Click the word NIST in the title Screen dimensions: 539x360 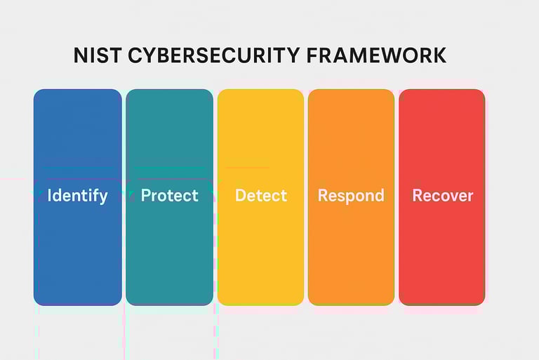pos(98,55)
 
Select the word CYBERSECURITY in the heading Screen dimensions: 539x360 pos(214,55)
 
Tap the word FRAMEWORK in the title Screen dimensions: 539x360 pos(376,55)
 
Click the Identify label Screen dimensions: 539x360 pos(77,196)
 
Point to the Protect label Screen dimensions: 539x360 pos(169,196)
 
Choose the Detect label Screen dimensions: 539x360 pos(261,196)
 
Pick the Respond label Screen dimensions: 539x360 pos(351,196)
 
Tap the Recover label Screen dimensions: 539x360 pos(443,196)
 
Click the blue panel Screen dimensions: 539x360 pos(78,197)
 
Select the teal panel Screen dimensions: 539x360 pos(169,197)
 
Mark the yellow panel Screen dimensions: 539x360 pos(260,197)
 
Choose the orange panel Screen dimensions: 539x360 pos(351,197)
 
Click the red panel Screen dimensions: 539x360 pos(441,197)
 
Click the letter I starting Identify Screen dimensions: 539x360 pos(50,195)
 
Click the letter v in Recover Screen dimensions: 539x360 pos(449,197)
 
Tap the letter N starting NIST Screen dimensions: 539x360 pos(81,55)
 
